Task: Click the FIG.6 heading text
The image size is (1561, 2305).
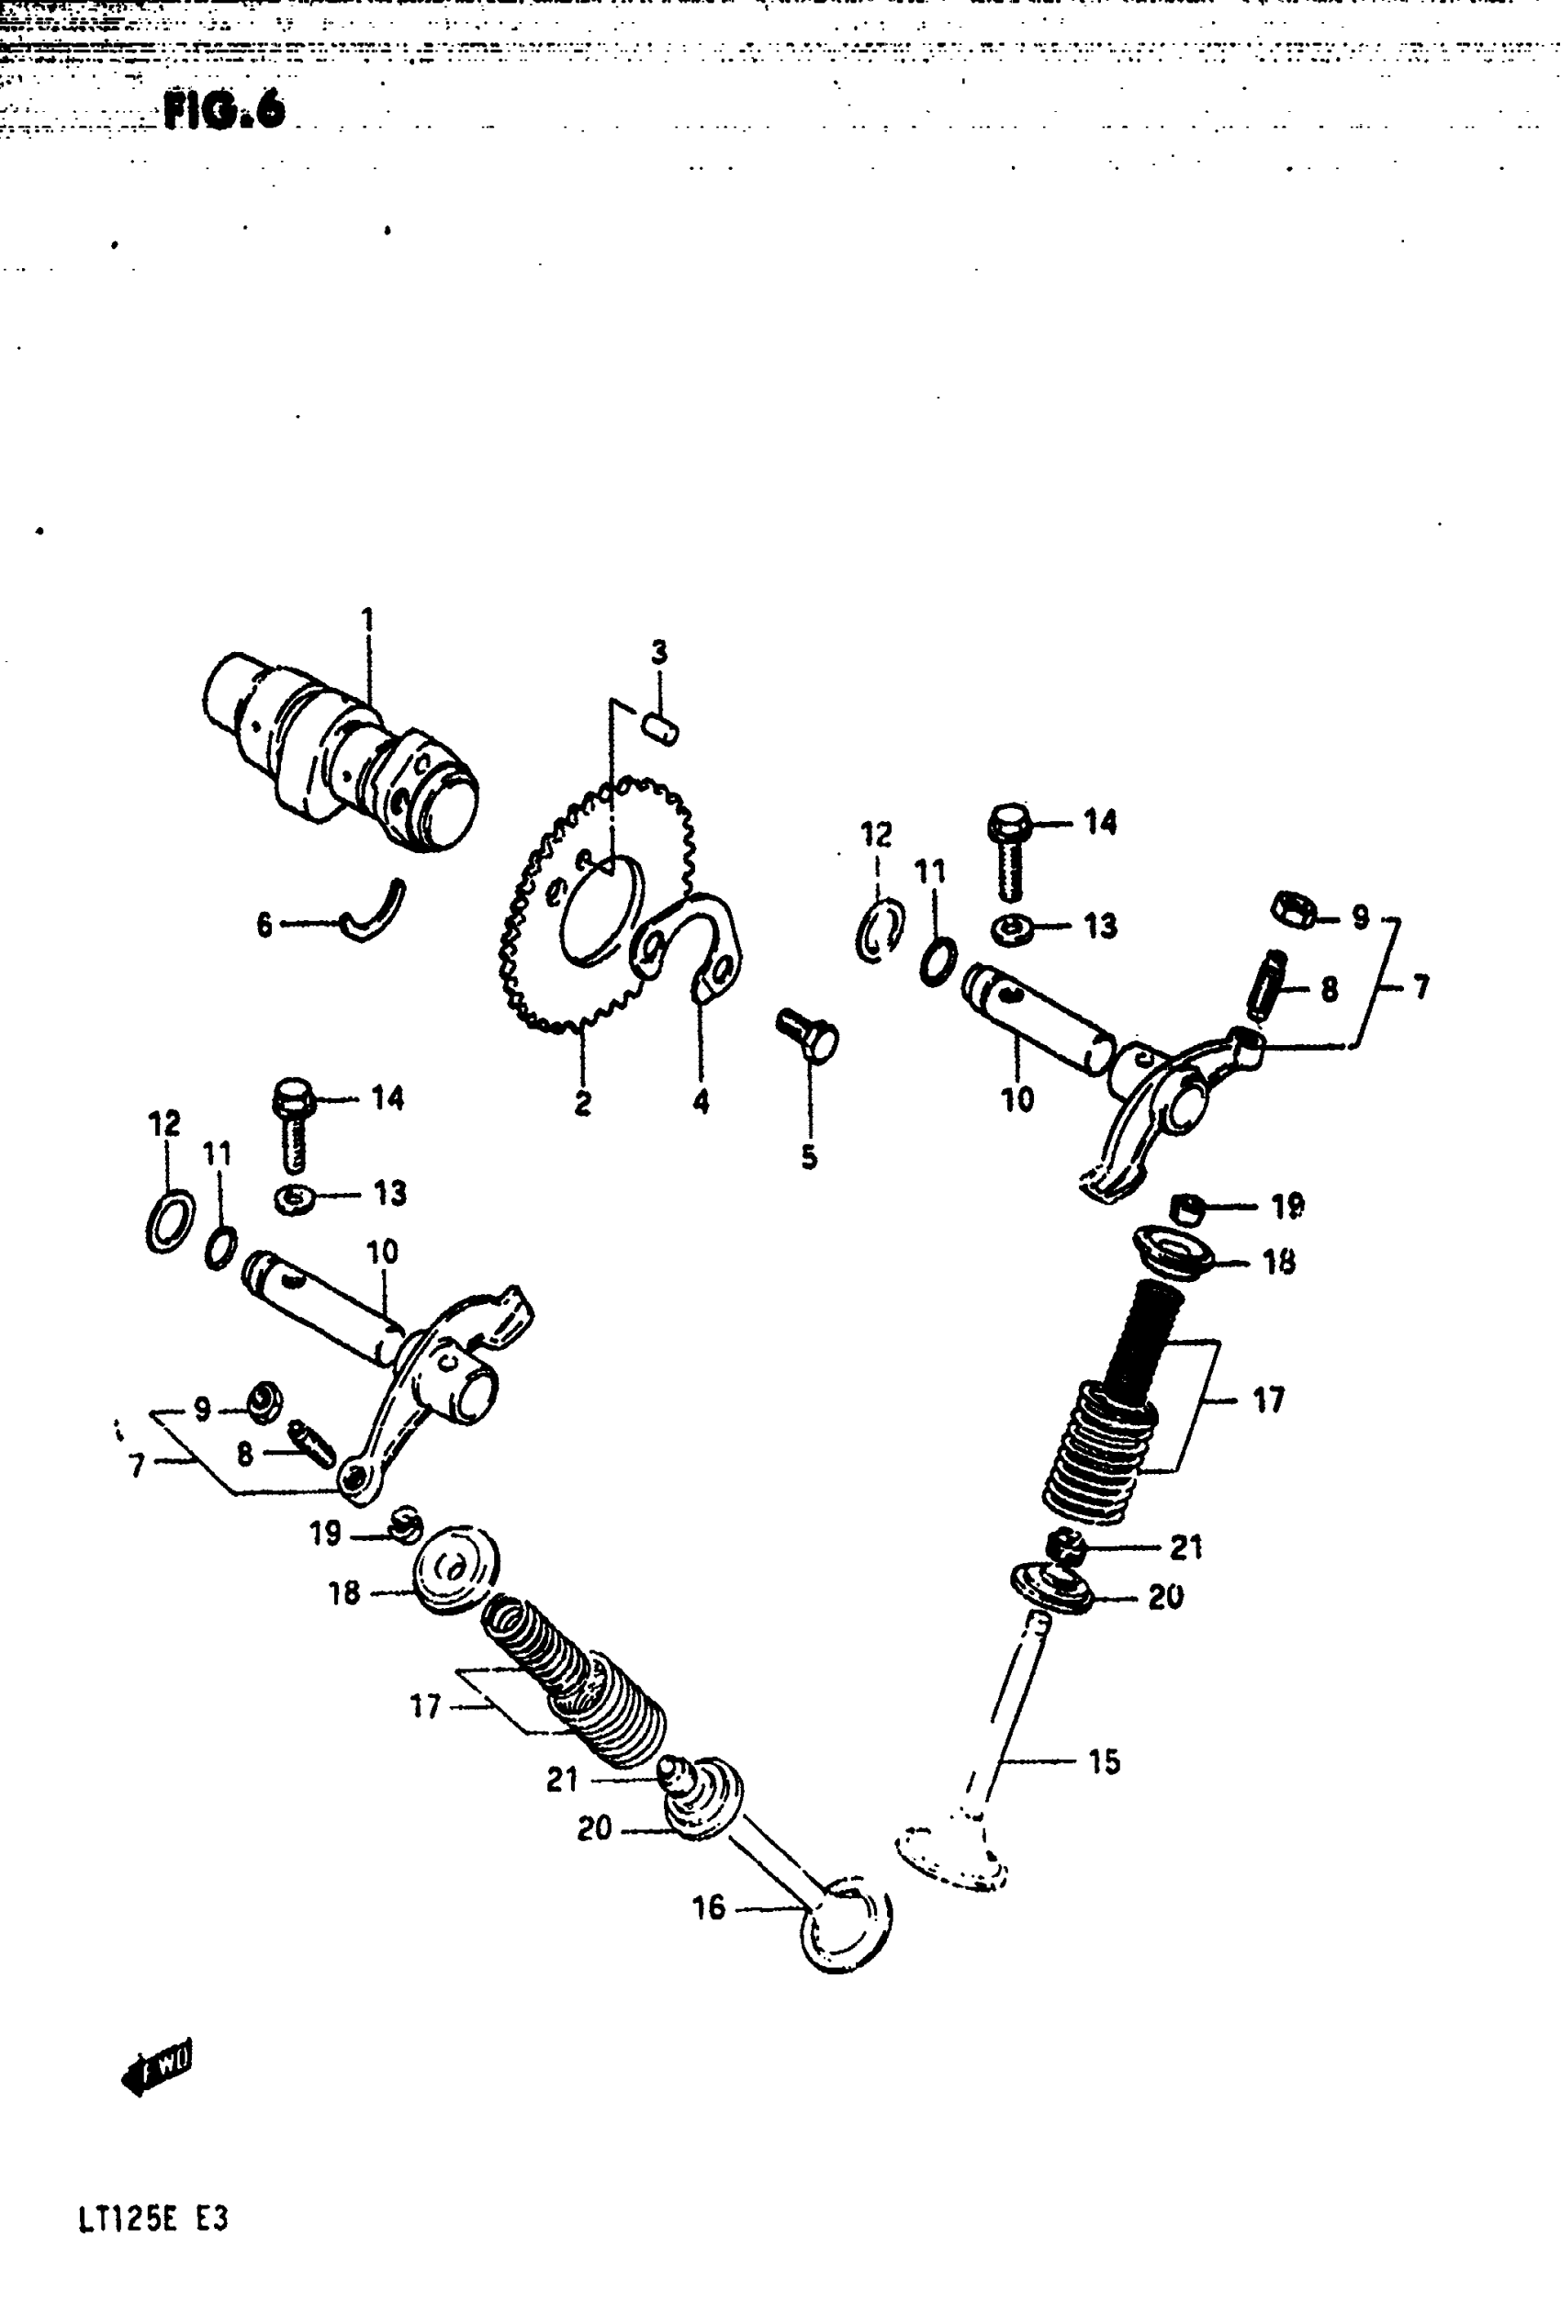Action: (224, 109)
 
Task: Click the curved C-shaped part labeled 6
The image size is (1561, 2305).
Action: (375, 912)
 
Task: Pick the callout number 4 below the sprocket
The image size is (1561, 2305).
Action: (701, 1101)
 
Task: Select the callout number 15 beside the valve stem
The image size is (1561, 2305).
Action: (1104, 1761)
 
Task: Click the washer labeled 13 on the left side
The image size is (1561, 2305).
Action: (295, 1198)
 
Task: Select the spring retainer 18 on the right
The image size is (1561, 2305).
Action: (1174, 1251)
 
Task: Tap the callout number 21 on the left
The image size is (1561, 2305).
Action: (561, 1780)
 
